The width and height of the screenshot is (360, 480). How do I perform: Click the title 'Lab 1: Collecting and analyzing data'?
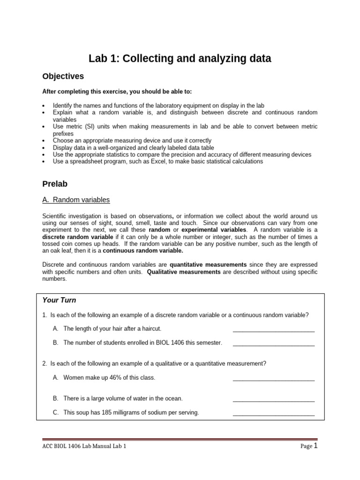(180, 59)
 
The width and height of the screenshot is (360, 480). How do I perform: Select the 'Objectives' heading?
(63, 76)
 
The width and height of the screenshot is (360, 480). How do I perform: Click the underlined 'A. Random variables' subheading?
(76, 200)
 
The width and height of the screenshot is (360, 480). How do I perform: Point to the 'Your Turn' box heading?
(59, 300)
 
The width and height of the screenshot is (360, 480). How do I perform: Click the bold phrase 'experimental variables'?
(214, 230)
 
